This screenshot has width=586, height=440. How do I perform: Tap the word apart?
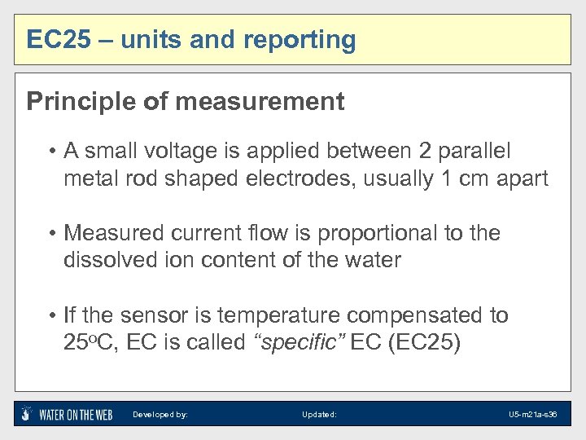point(520,179)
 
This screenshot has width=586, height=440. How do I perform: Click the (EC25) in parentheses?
point(426,343)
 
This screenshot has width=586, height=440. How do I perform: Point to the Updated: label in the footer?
point(319,415)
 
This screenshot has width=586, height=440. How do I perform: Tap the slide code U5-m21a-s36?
point(532,415)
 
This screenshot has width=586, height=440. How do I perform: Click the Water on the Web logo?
point(66,414)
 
